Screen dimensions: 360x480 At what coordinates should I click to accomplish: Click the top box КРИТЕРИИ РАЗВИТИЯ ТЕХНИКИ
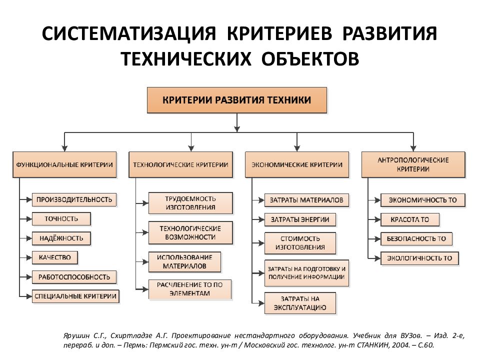237,100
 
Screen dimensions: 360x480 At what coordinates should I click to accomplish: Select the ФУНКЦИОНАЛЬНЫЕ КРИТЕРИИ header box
64,164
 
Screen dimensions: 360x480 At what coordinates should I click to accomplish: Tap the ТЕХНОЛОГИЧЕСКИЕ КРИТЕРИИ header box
180,164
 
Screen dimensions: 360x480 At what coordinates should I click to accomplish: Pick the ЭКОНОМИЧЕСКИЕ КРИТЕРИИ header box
297,164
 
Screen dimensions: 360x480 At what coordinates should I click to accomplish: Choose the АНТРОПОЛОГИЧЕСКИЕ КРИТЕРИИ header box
413,164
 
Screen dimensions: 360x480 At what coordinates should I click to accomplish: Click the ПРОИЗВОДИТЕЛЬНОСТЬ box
74,199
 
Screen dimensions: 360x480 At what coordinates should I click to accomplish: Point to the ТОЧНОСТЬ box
61,218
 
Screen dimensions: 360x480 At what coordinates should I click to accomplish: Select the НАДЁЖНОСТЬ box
61,238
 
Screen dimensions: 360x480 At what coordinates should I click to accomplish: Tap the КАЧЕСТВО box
55,257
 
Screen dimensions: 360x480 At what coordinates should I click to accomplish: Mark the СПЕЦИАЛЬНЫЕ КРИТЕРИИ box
76,296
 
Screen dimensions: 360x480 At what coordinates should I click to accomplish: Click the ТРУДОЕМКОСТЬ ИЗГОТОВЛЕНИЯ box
190,203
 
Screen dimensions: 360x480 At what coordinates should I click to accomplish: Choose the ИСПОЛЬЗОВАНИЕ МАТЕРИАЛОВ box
184,261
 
